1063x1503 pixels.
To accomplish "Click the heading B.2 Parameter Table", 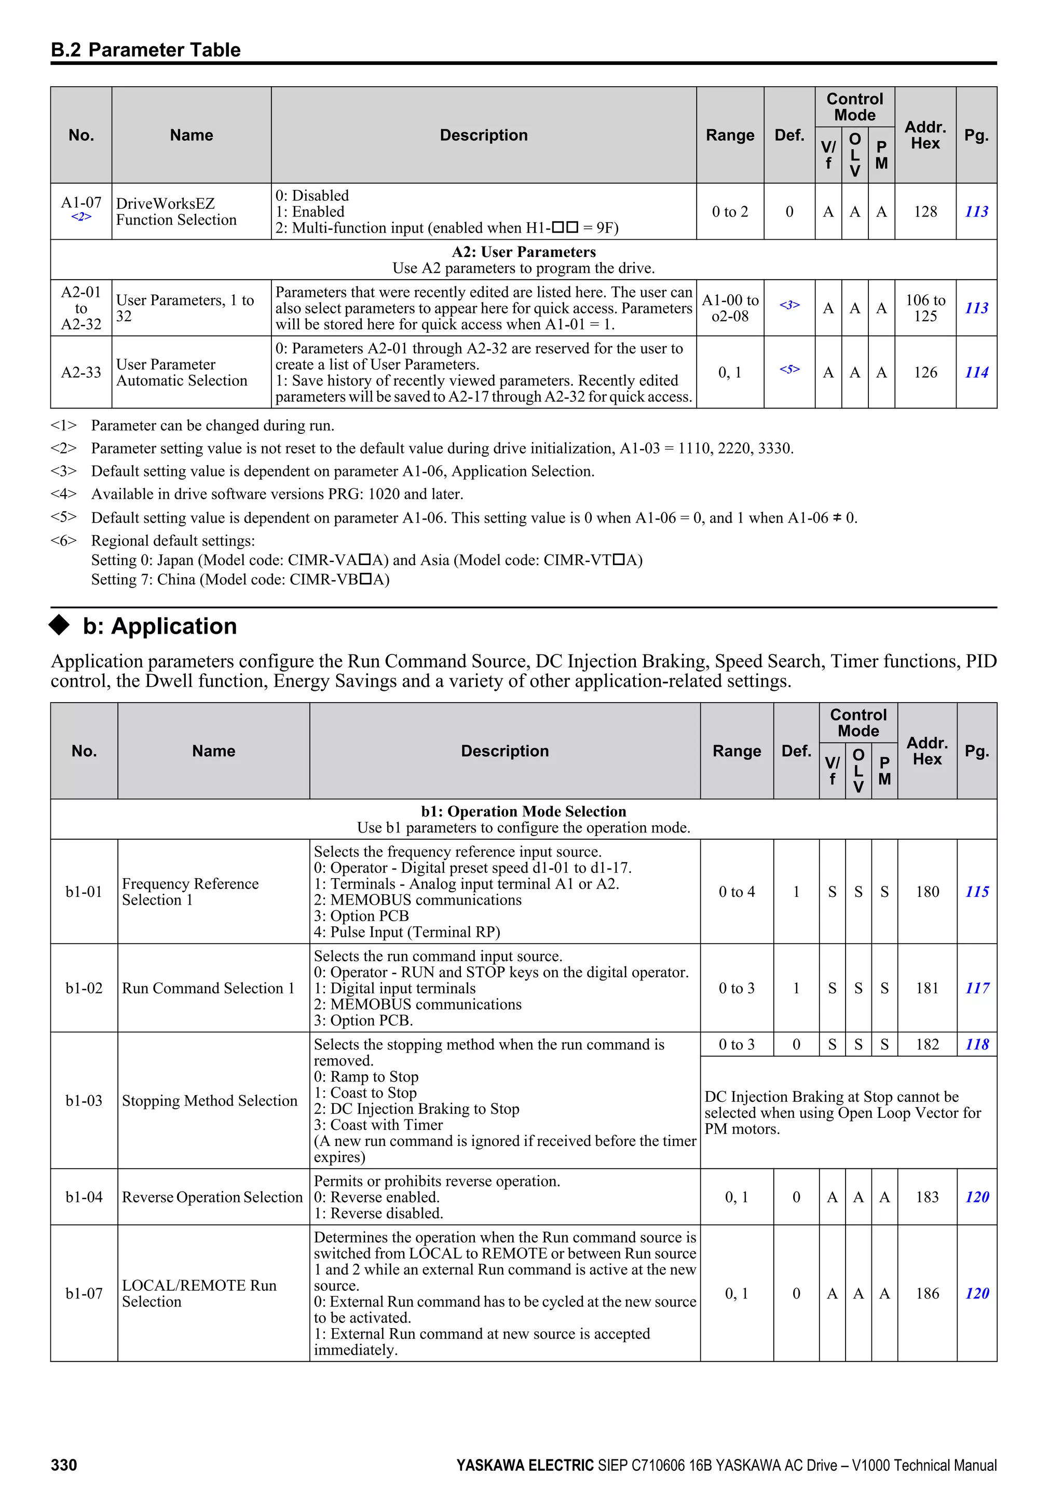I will click(145, 50).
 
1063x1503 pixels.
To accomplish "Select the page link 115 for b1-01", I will click(977, 892).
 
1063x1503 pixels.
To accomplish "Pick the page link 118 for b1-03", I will click(977, 1044).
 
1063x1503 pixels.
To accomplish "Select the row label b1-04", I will click(84, 1197).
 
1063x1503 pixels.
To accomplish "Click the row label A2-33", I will click(81, 373).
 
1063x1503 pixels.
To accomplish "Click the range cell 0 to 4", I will click(737, 892).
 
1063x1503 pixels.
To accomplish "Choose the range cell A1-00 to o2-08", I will click(730, 308).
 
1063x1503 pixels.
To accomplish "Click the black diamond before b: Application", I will click(60, 625).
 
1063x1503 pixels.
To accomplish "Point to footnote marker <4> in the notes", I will click(63, 494).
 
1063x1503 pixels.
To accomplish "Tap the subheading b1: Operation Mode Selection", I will click(523, 811).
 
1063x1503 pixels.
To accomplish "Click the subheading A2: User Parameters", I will click(523, 252).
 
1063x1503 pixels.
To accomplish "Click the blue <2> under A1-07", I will click(81, 216).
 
